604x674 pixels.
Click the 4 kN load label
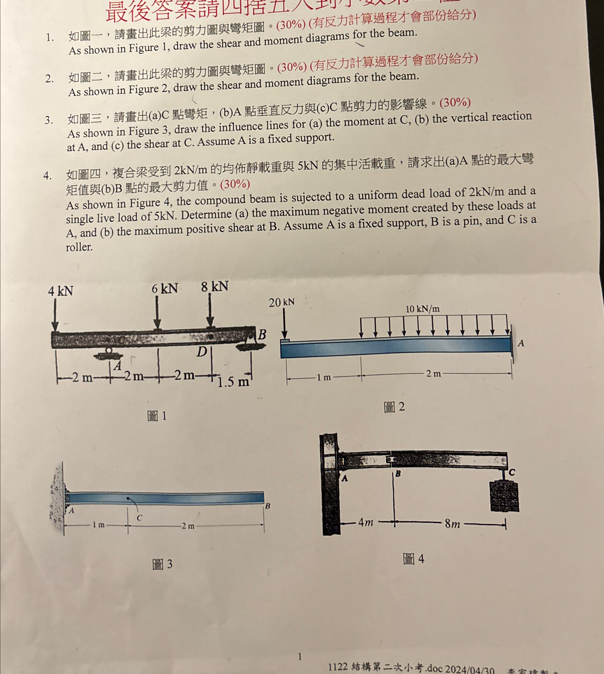[x=60, y=291]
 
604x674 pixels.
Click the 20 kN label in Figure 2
[x=281, y=302]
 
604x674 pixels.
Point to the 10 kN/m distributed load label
[x=423, y=309]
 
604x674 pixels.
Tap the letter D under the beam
[x=201, y=351]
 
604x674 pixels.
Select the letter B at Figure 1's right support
[x=262, y=334]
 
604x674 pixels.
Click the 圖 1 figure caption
[x=157, y=416]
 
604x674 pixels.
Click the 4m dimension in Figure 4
[x=365, y=522]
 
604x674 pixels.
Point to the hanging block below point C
[x=504, y=496]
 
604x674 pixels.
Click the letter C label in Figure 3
[x=139, y=517]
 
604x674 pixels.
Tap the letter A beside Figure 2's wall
[x=521, y=343]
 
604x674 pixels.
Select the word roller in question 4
[x=79, y=247]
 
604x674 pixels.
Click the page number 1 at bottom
[x=300, y=656]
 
